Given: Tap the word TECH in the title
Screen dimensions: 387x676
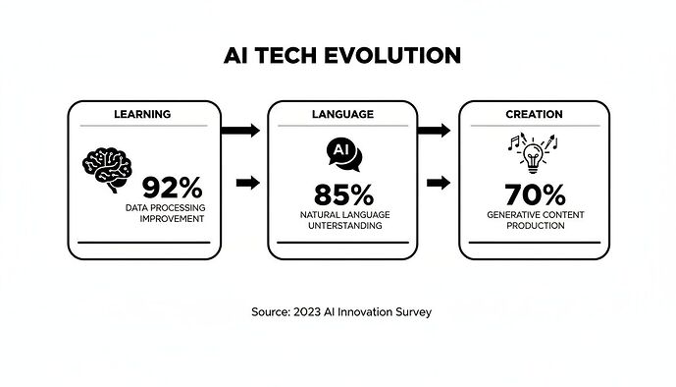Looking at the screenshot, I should [x=284, y=55].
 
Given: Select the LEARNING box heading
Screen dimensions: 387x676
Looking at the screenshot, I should [x=143, y=114].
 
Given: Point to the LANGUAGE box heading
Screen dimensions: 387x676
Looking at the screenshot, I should [x=342, y=114].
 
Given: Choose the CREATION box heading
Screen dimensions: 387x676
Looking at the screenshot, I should [x=534, y=114].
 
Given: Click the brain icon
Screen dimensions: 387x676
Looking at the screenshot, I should [x=106, y=167].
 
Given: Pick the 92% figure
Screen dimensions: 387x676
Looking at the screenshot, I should [x=172, y=187].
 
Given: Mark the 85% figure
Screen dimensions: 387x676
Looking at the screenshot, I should [x=342, y=193].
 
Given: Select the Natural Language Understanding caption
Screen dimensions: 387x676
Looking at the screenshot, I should [x=342, y=220].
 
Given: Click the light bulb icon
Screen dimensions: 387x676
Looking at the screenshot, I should [x=535, y=155].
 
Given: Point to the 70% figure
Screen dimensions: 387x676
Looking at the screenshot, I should [x=535, y=193].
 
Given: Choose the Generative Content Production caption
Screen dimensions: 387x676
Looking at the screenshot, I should [x=535, y=220].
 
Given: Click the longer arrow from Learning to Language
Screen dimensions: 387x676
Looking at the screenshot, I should [x=242, y=130].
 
